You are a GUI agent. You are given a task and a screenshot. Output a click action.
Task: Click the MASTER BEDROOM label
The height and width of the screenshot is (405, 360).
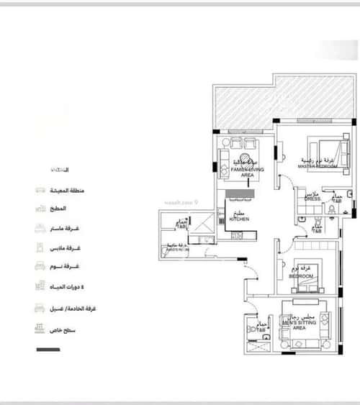pyautogui.click(x=318, y=166)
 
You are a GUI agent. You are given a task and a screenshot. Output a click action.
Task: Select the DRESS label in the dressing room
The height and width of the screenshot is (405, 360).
pyautogui.click(x=312, y=199)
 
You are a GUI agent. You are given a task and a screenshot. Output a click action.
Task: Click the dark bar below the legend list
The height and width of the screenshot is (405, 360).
pyautogui.click(x=48, y=350)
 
